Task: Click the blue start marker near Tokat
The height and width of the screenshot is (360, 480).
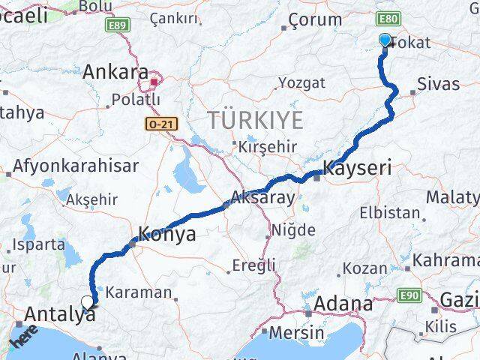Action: click(x=385, y=40)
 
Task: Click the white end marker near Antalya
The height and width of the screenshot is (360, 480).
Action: click(x=88, y=303)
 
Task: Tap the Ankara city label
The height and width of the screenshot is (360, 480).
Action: click(x=115, y=73)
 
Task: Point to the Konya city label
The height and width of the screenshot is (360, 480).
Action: click(x=167, y=235)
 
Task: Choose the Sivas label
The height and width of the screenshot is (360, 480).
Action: click(x=438, y=84)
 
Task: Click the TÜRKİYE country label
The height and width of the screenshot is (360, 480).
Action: click(x=256, y=120)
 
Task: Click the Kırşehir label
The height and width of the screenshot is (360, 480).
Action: click(x=268, y=146)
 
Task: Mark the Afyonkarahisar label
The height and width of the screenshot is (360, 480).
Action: click(x=76, y=166)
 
